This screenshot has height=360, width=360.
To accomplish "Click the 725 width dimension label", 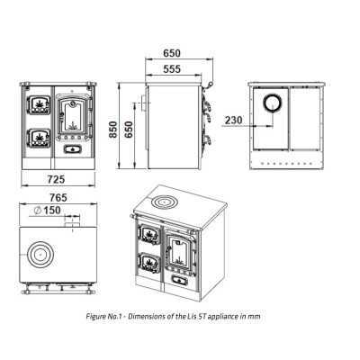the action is [x=56, y=179].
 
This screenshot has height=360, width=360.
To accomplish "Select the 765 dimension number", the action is [x=58, y=198].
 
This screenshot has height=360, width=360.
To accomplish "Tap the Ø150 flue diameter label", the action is [x=47, y=211].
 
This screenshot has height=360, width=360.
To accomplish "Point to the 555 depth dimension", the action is [x=172, y=69].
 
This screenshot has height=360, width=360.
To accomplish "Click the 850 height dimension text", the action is [x=113, y=130].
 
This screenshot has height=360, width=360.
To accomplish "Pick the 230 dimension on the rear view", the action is [x=233, y=121].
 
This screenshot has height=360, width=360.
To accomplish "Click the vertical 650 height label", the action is [x=129, y=130].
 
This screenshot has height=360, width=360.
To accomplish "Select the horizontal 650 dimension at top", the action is [x=172, y=53].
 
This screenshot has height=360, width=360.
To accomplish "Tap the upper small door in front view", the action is [x=39, y=105].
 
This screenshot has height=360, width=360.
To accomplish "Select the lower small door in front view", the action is [x=39, y=138].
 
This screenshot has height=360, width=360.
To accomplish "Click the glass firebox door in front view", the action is [x=73, y=117].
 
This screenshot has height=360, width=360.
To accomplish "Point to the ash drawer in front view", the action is [x=72, y=149].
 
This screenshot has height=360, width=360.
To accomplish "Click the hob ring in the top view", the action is [x=40, y=255].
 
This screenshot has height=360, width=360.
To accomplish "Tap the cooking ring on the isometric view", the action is [x=164, y=202].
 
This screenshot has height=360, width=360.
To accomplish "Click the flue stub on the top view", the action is [x=72, y=225].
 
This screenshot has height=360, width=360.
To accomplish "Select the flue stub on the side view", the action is [x=144, y=103].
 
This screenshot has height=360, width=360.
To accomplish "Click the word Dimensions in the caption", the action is [x=148, y=316].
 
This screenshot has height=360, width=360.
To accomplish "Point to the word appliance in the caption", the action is [x=222, y=317].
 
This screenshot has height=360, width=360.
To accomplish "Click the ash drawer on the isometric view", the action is [x=179, y=280].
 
